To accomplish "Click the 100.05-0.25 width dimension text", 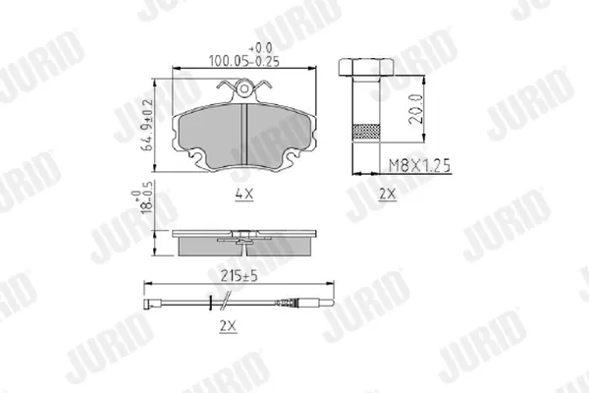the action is (x=244, y=61).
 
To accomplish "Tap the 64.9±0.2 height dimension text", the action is (x=147, y=125).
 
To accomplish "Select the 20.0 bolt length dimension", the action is (x=416, y=109).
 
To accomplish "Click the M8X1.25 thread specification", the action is (x=419, y=165).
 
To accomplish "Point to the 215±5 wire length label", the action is (x=239, y=276).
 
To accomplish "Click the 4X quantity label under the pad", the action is (x=244, y=195).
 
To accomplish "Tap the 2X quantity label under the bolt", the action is (x=388, y=195).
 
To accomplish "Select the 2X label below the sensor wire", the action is (x=229, y=326).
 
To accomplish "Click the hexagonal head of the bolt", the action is (x=366, y=67).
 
